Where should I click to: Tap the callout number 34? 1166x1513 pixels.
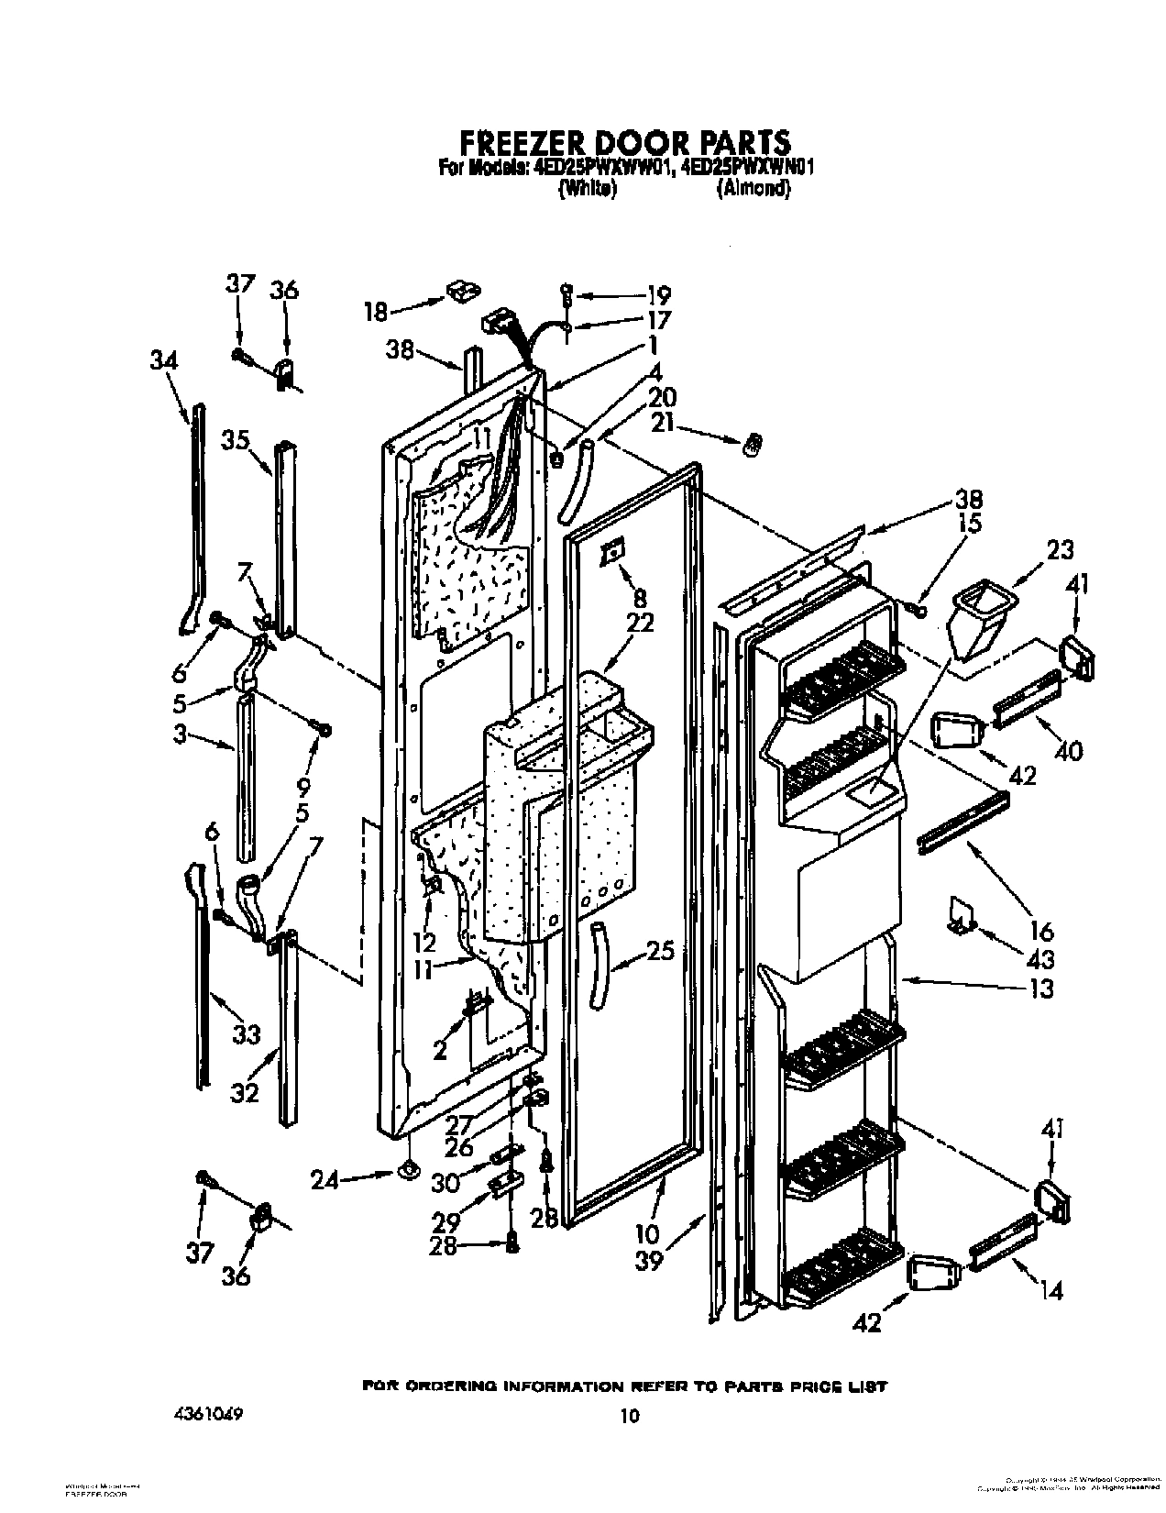(x=163, y=361)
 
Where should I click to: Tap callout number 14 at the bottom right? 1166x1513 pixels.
(x=1052, y=1291)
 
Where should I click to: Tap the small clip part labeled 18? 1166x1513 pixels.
(x=462, y=292)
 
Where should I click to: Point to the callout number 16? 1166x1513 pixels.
(x=1041, y=933)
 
